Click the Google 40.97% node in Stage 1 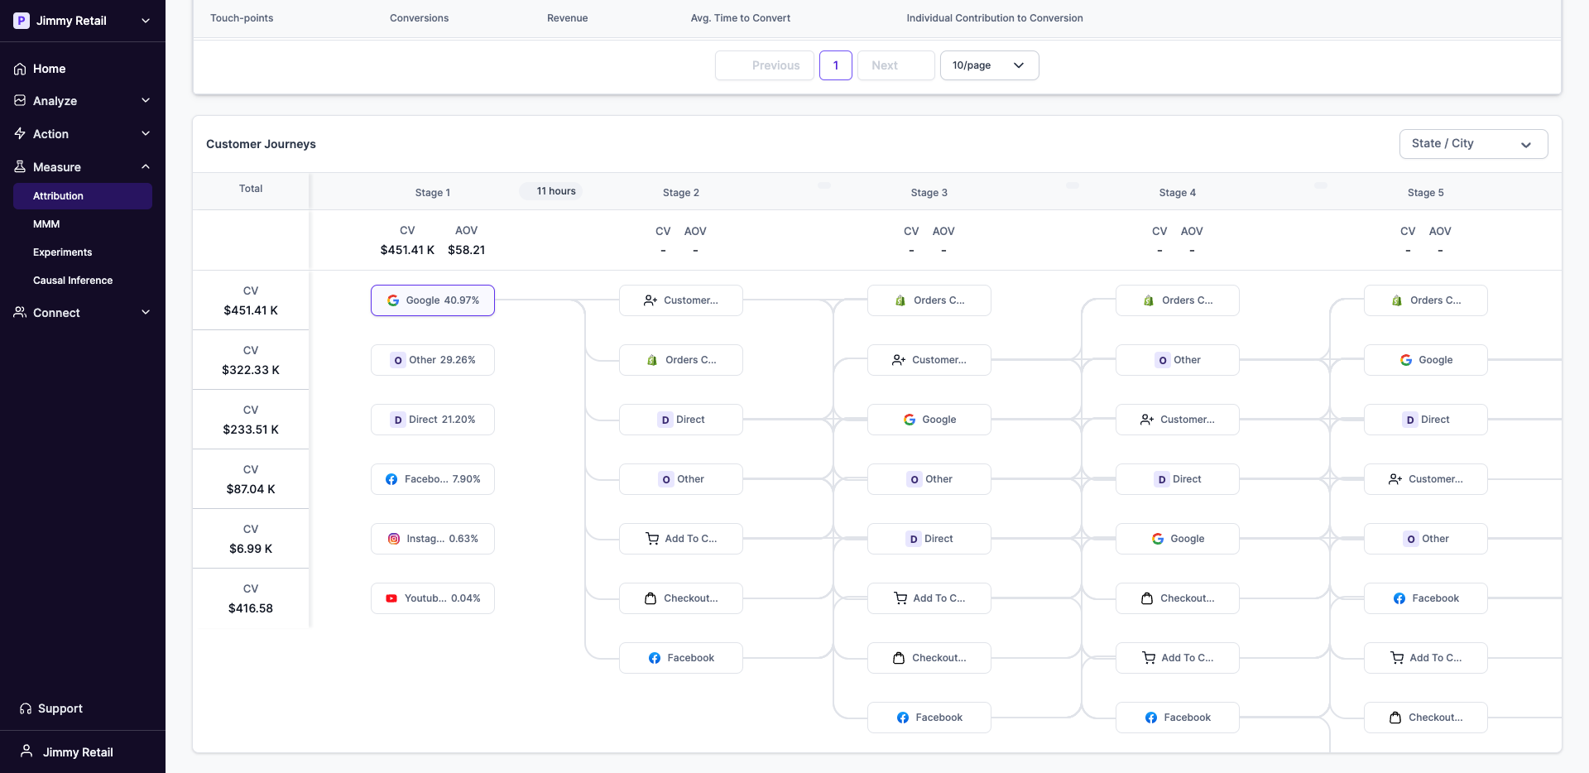point(433,300)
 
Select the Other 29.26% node point(433,360)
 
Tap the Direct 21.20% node point(433,420)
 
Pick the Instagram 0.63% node point(433,539)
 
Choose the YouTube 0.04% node point(433,598)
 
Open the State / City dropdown point(1473,144)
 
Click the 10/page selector point(989,65)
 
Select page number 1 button point(836,65)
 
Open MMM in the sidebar point(46,224)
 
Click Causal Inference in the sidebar point(73,281)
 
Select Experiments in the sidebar point(62,252)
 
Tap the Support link point(60,708)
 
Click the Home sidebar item point(49,69)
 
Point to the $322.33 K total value point(251,370)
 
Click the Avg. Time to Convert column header point(740,18)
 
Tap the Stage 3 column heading point(929,193)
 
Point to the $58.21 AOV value point(466,250)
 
